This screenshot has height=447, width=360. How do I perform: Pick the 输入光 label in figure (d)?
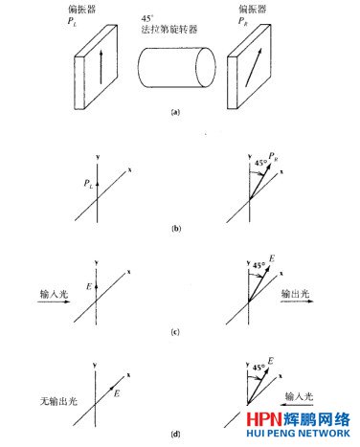point(298,392)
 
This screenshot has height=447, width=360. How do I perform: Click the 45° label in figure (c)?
point(260,266)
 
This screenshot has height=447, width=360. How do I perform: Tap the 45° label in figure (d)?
point(259,366)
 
